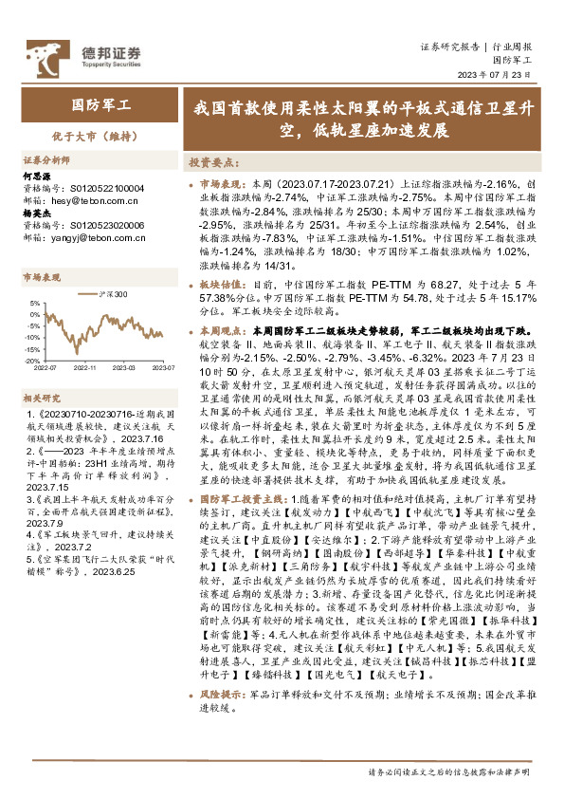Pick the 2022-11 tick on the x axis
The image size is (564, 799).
pos(86,367)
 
